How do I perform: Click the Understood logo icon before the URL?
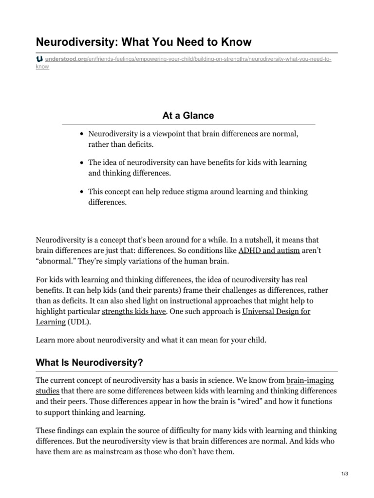39,59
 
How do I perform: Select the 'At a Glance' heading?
188,115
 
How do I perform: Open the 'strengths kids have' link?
134,311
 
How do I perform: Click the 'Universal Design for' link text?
276,311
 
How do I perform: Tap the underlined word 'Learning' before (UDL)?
51,321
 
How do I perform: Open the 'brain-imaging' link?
310,380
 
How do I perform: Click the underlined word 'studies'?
48,391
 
